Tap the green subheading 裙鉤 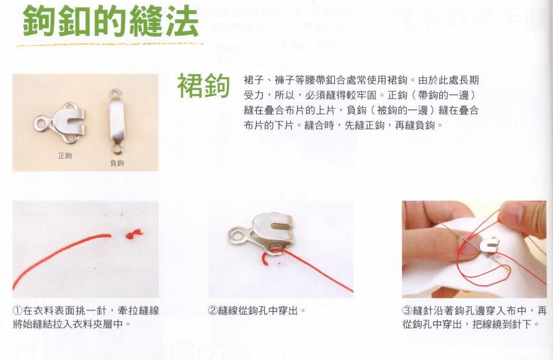[x=204, y=85]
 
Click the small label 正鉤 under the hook [x=65, y=155]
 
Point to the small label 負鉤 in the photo [x=117, y=163]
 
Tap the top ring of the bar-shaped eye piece [x=115, y=94]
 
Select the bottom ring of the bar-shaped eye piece [x=118, y=148]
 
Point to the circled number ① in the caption [x=17, y=311]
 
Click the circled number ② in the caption [x=213, y=311]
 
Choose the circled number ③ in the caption [x=407, y=311]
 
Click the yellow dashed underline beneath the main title [x=109, y=45]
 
